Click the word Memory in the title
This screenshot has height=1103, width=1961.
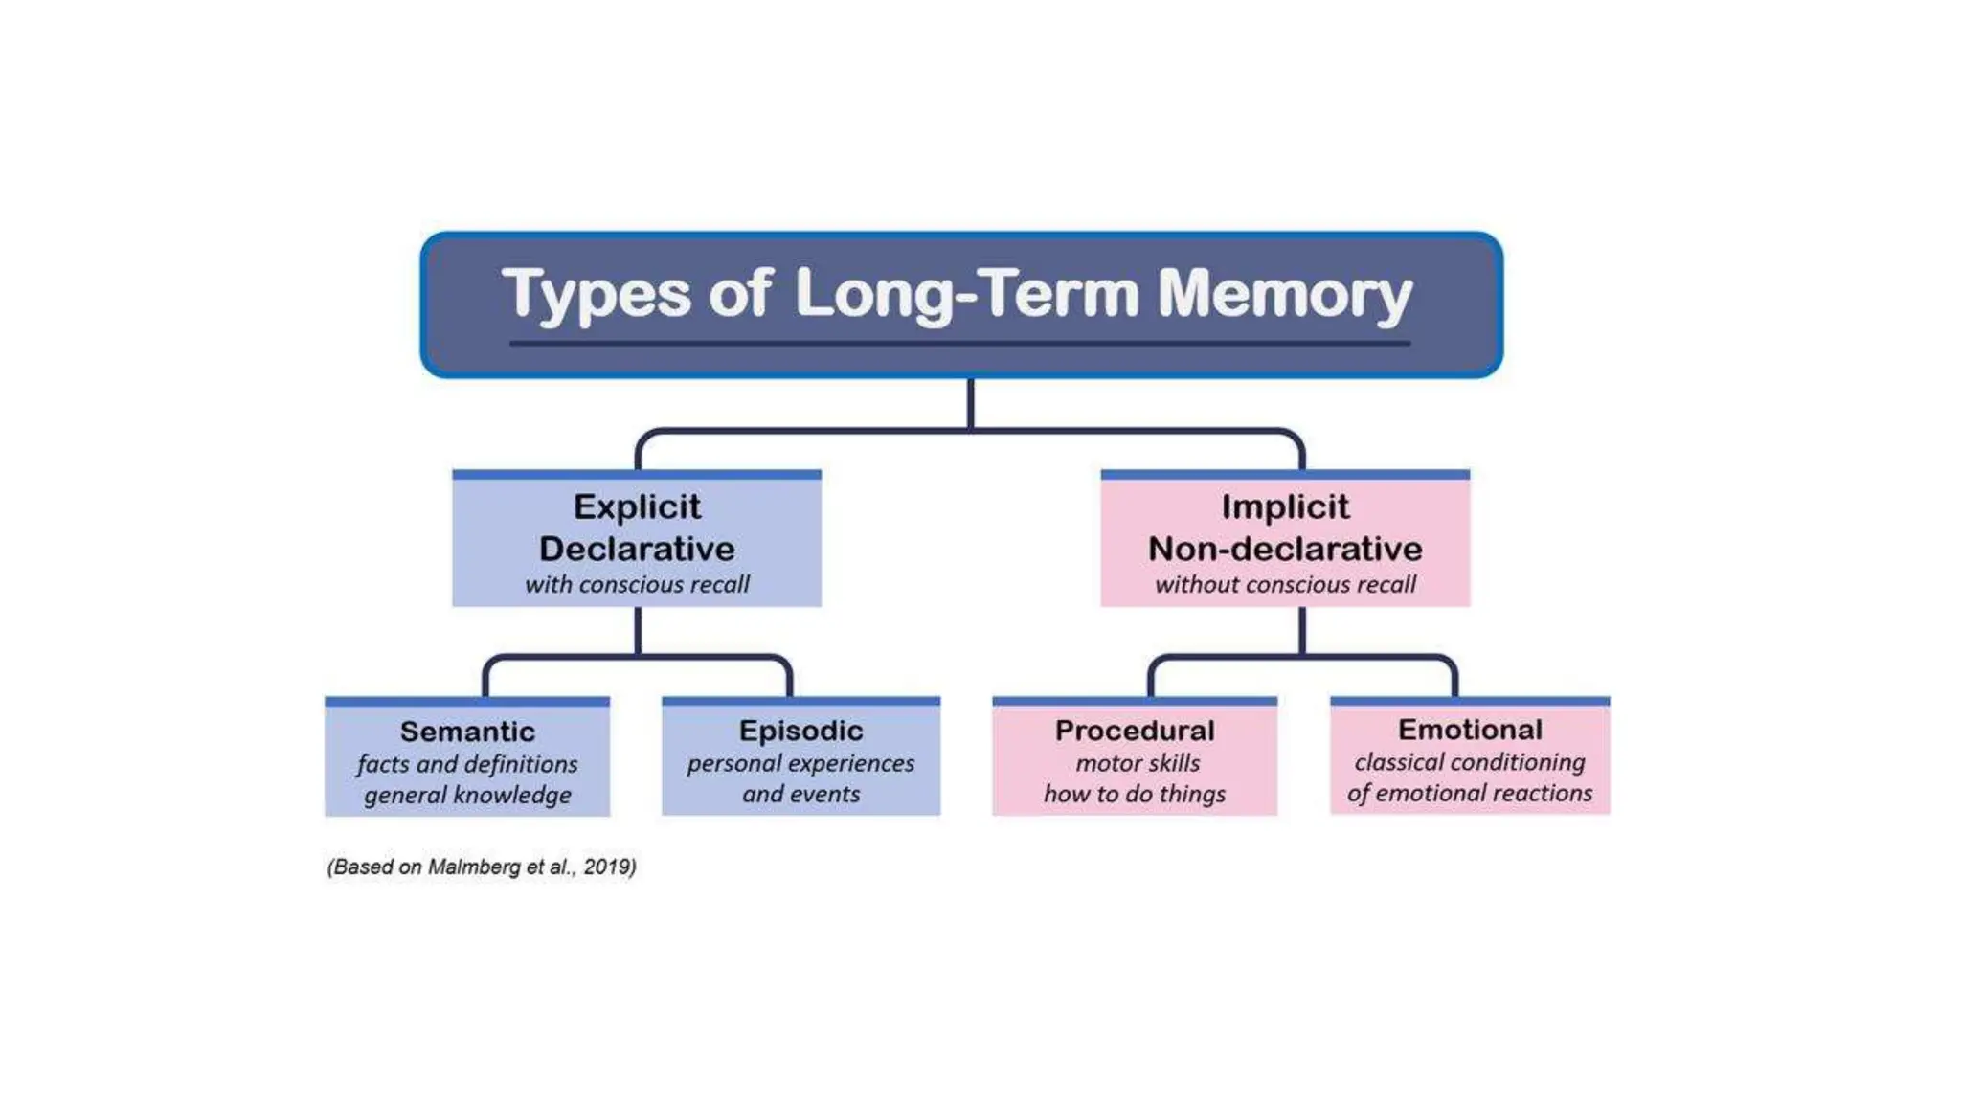pos(1284,294)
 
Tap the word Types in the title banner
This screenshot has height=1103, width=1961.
pos(596,294)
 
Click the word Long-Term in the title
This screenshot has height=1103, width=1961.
pos(967,294)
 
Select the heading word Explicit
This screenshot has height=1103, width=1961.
pos(637,506)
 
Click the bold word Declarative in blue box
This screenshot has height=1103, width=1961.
pos(637,549)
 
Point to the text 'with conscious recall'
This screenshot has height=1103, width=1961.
pos(637,584)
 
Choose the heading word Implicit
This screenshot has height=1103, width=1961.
pos(1285,506)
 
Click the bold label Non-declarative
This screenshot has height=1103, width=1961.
pos(1285,549)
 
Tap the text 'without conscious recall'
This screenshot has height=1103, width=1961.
pos(1285,584)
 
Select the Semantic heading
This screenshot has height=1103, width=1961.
pos(467,732)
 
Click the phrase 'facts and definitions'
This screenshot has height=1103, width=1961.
pos(467,764)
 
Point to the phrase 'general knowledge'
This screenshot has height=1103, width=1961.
pos(467,795)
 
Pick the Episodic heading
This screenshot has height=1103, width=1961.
pos(800,731)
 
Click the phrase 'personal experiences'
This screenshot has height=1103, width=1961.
pos(800,763)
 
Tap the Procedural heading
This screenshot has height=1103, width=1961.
pos(1135,731)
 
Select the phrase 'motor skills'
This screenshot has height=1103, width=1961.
pos(1138,763)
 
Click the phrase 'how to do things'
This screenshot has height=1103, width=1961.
pos(1135,794)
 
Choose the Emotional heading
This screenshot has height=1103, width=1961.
pos(1470,730)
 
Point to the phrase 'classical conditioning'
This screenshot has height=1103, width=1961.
pos(1470,762)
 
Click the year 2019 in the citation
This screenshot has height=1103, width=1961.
pos(608,867)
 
